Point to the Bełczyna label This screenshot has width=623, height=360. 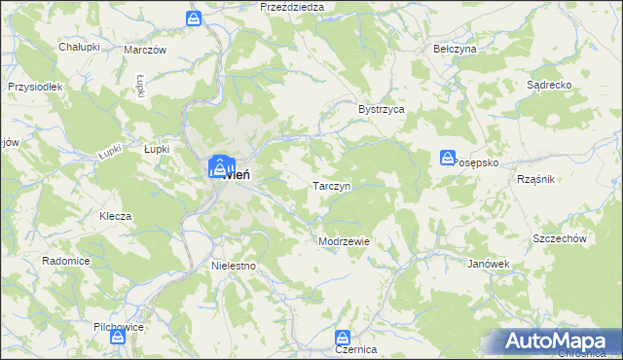(454, 49)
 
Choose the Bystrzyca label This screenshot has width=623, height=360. (382, 110)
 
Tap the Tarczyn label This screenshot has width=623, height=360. (331, 185)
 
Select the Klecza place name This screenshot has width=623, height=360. (115, 216)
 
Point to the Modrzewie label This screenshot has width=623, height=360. (344, 241)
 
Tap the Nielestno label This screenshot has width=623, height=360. (233, 265)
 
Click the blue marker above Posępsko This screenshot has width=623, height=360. (448, 157)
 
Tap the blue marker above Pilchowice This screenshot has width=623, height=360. (117, 337)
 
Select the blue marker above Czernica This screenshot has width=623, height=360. (342, 336)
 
